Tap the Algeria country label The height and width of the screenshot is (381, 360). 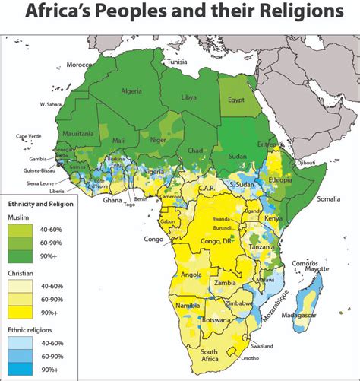pos(131,92)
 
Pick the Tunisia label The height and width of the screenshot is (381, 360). pos(178,62)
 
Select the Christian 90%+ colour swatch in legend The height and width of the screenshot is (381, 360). pos(24,313)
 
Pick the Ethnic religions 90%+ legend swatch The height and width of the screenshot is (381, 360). pos(24,369)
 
